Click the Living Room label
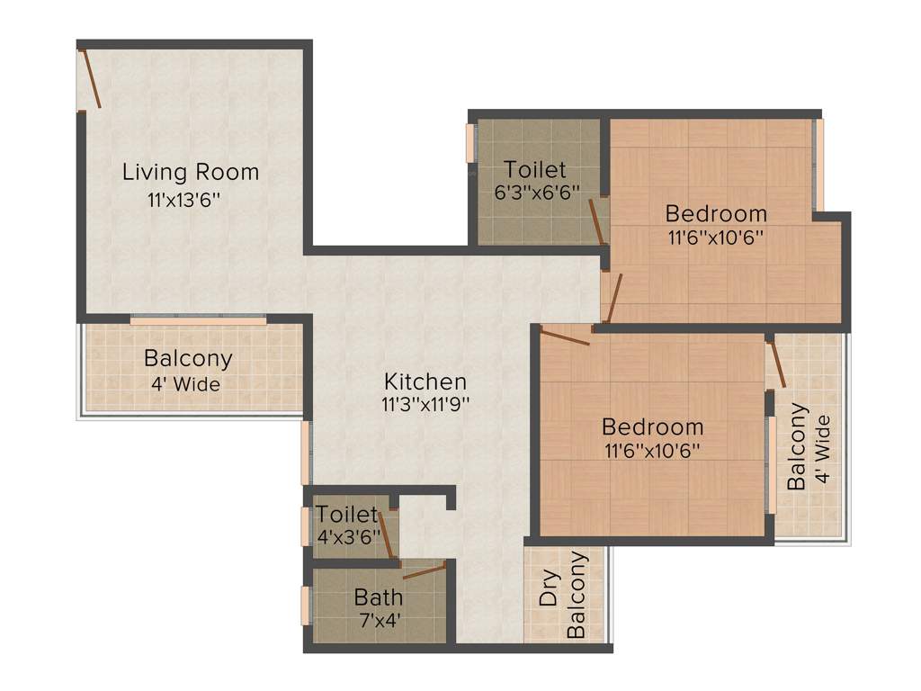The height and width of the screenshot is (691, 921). [x=191, y=172]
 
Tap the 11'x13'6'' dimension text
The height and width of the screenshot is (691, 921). [x=184, y=201]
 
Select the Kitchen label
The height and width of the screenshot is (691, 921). [x=425, y=381]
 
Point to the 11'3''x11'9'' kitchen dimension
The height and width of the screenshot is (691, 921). [x=425, y=404]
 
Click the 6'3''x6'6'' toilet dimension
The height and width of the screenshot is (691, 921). [x=537, y=192]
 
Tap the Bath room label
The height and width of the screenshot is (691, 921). [x=378, y=597]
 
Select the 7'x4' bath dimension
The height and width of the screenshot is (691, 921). [x=378, y=619]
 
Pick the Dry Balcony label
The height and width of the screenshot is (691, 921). [x=564, y=595]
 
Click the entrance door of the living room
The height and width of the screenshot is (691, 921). [x=91, y=79]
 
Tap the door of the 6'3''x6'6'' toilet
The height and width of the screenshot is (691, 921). [x=596, y=221]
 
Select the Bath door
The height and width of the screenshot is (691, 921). [x=424, y=570]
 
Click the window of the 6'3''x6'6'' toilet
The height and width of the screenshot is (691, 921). [x=469, y=143]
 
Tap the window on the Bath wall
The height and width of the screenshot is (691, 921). [x=306, y=605]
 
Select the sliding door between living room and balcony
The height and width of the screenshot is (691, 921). [x=198, y=319]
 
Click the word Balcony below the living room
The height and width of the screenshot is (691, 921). [x=188, y=358]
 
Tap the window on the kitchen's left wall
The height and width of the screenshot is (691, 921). [x=305, y=453]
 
